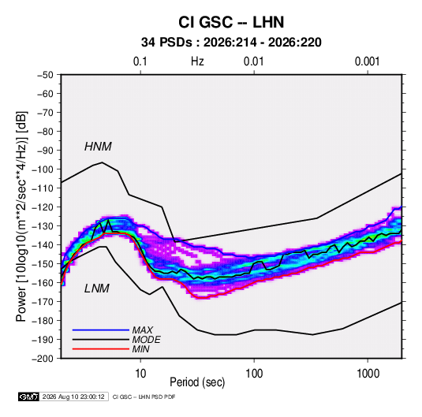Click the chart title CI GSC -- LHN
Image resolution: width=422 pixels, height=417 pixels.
231,22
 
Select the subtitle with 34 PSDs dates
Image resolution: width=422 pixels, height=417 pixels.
231,43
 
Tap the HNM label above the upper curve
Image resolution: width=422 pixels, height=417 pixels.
98,147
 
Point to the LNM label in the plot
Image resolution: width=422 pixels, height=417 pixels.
97,289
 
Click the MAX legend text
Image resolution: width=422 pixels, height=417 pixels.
143,330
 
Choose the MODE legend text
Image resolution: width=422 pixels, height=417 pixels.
147,340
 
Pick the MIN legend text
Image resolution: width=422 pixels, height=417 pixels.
140,349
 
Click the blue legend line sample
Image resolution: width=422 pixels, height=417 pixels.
101,330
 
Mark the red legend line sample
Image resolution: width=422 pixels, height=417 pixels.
101,349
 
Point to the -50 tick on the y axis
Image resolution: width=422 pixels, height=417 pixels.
45,75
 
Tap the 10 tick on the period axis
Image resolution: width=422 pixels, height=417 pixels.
140,374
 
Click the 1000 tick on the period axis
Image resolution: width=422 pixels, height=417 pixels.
368,374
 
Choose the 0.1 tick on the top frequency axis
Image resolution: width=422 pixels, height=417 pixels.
140,61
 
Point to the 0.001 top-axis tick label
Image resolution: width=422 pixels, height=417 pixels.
367,61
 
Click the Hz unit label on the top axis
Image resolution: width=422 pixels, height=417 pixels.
197,61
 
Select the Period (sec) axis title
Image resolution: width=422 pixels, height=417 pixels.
197,382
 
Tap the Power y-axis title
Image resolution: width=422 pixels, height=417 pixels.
22,217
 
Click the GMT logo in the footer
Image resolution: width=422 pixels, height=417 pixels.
28,397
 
